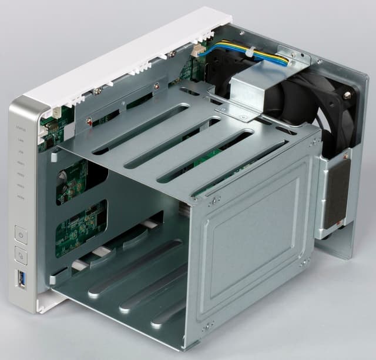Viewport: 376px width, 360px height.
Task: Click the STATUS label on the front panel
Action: pos(21,126)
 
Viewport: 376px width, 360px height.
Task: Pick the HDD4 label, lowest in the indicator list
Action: pos(21,199)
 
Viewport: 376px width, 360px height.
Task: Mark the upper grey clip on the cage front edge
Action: pos(54,156)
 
